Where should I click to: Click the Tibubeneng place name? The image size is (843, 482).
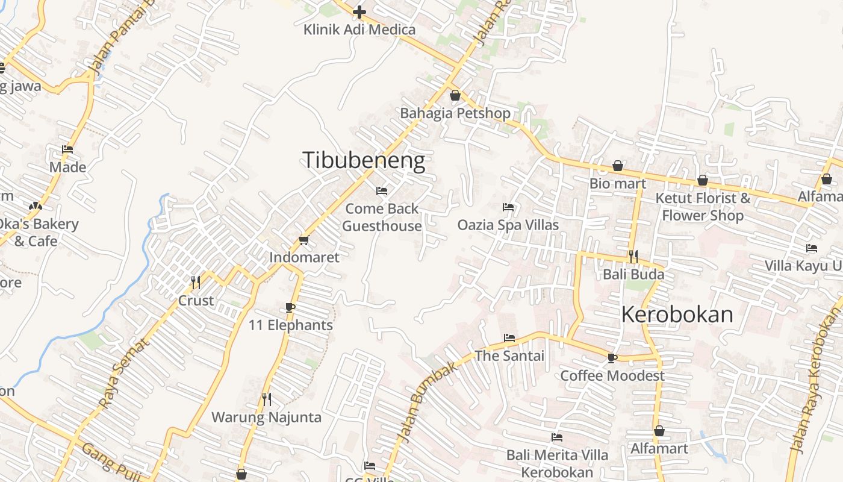[363, 161]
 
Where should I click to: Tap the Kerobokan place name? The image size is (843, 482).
[677, 315]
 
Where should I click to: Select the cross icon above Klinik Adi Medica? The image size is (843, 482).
[359, 12]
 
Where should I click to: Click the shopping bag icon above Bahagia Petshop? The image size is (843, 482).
[455, 95]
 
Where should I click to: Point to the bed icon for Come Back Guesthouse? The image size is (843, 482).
[382, 191]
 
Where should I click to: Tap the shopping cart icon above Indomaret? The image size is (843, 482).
[304, 240]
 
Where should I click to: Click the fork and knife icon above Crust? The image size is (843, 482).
[196, 283]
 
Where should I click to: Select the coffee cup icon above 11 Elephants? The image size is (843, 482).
[290, 308]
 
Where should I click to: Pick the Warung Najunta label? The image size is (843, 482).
[266, 417]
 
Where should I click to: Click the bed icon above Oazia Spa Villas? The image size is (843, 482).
[508, 207]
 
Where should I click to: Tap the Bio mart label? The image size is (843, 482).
[618, 184]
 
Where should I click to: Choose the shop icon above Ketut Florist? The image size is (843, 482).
[703, 180]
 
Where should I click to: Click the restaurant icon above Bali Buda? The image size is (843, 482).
[633, 257]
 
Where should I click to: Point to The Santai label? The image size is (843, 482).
[509, 356]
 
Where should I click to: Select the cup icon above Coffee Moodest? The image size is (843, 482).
[612, 358]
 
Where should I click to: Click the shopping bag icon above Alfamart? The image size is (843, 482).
[659, 431]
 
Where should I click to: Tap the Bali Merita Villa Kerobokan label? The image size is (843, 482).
[557, 463]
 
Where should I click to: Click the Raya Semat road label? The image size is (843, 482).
[123, 374]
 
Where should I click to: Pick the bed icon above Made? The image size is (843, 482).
[67, 149]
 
